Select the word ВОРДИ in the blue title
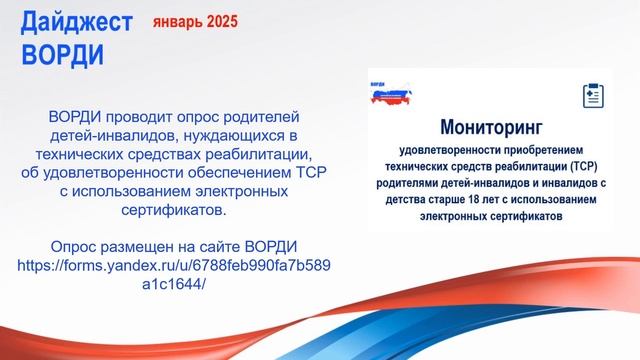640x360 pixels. pyautogui.click(x=62, y=53)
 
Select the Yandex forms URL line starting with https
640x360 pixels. pyautogui.click(x=175, y=265)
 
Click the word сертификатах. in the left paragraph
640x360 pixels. pyautogui.click(x=175, y=212)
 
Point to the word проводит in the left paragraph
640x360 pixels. pyautogui.click(x=140, y=116)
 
